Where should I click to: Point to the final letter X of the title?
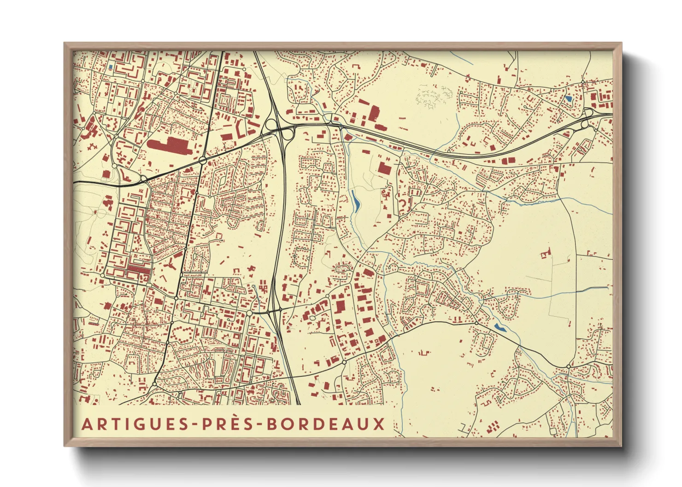click(x=379, y=424)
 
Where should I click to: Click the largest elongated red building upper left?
click(x=169, y=145)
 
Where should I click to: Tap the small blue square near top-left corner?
click(x=111, y=68)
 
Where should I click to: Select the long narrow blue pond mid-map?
click(x=355, y=201)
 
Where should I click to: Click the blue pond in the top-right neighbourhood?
click(x=568, y=98)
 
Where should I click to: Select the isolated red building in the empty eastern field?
click(x=547, y=253)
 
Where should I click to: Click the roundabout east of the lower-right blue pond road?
click(x=569, y=366)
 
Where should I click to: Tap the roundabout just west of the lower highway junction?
click(x=249, y=313)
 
